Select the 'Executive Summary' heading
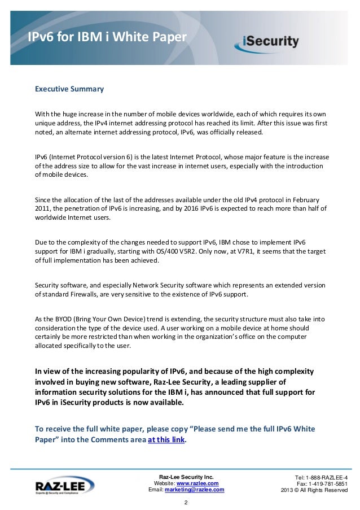coord(69,89)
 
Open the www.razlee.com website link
coord(197,483)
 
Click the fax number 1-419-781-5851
coord(330,483)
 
